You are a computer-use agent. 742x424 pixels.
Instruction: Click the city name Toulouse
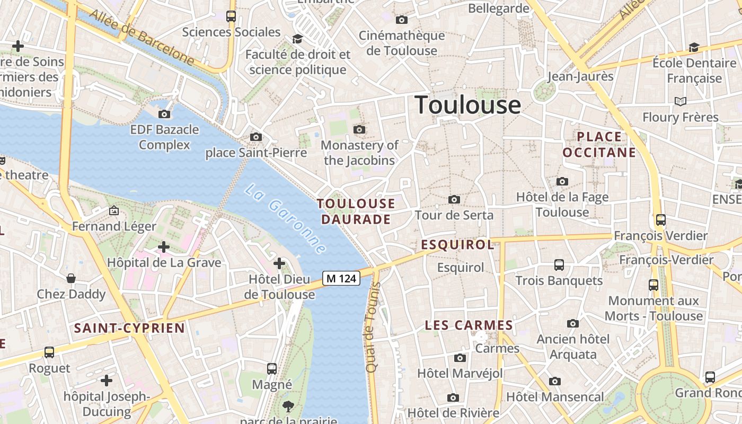[x=467, y=105]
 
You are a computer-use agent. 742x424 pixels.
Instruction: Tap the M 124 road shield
[x=341, y=278]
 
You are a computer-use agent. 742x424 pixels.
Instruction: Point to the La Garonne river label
[x=285, y=218]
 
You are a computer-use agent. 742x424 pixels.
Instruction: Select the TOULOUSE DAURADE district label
[x=356, y=211]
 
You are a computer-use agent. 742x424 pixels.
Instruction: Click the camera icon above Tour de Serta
[x=454, y=199]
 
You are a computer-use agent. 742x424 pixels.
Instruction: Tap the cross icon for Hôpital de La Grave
[x=164, y=246]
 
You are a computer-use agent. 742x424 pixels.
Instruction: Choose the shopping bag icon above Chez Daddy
[x=70, y=278]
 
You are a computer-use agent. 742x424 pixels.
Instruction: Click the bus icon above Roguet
[x=49, y=352]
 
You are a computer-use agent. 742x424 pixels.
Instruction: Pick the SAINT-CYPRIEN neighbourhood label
[x=129, y=328]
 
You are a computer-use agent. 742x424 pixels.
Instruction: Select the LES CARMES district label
[x=469, y=325]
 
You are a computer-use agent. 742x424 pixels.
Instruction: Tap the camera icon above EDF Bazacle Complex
[x=164, y=114]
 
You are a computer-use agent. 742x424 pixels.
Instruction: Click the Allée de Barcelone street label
[x=142, y=37]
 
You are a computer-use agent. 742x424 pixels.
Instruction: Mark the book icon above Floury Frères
[x=680, y=101]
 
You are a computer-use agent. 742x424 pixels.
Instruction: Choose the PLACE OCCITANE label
[x=599, y=145]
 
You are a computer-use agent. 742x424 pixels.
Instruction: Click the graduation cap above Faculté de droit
[x=297, y=39]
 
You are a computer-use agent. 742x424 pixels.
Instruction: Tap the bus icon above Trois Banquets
[x=559, y=264]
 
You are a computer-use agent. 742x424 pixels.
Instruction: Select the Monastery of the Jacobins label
[x=359, y=153]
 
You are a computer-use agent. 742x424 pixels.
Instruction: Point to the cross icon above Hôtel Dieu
[x=279, y=263]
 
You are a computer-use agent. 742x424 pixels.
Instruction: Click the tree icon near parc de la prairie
[x=288, y=407]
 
